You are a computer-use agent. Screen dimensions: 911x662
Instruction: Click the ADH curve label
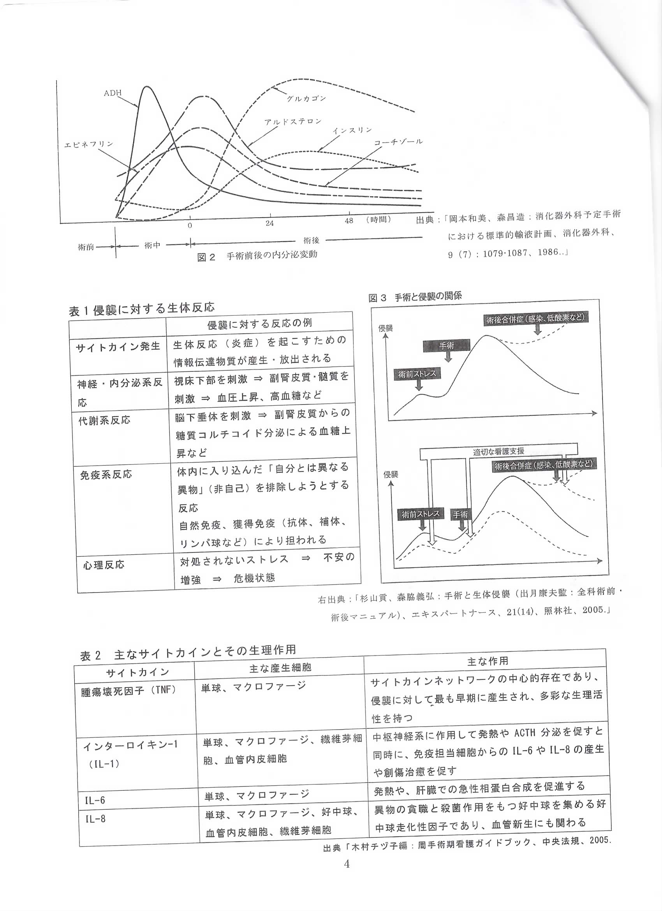pyautogui.click(x=113, y=93)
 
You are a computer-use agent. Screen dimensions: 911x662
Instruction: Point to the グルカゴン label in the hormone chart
pyautogui.click(x=306, y=98)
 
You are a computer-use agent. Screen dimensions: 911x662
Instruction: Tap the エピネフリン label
pyautogui.click(x=89, y=144)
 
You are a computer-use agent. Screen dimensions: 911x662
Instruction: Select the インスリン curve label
pyautogui.click(x=352, y=130)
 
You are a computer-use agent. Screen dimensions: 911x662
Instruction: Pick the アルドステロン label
pyautogui.click(x=293, y=121)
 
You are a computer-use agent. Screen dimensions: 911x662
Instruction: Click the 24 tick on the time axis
pyautogui.click(x=269, y=223)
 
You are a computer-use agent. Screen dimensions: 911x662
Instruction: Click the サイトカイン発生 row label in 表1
pyautogui.click(x=118, y=346)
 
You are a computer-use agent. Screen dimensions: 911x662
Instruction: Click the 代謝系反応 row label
pyautogui.click(x=104, y=420)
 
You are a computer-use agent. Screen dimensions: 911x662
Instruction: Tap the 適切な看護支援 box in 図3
pyautogui.click(x=498, y=452)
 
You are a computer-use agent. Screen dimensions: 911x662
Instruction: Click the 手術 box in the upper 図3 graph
pyautogui.click(x=446, y=345)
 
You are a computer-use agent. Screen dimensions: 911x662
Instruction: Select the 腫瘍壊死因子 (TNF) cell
pyautogui.click(x=129, y=690)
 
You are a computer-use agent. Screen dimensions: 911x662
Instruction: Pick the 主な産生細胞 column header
pyautogui.click(x=280, y=668)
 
